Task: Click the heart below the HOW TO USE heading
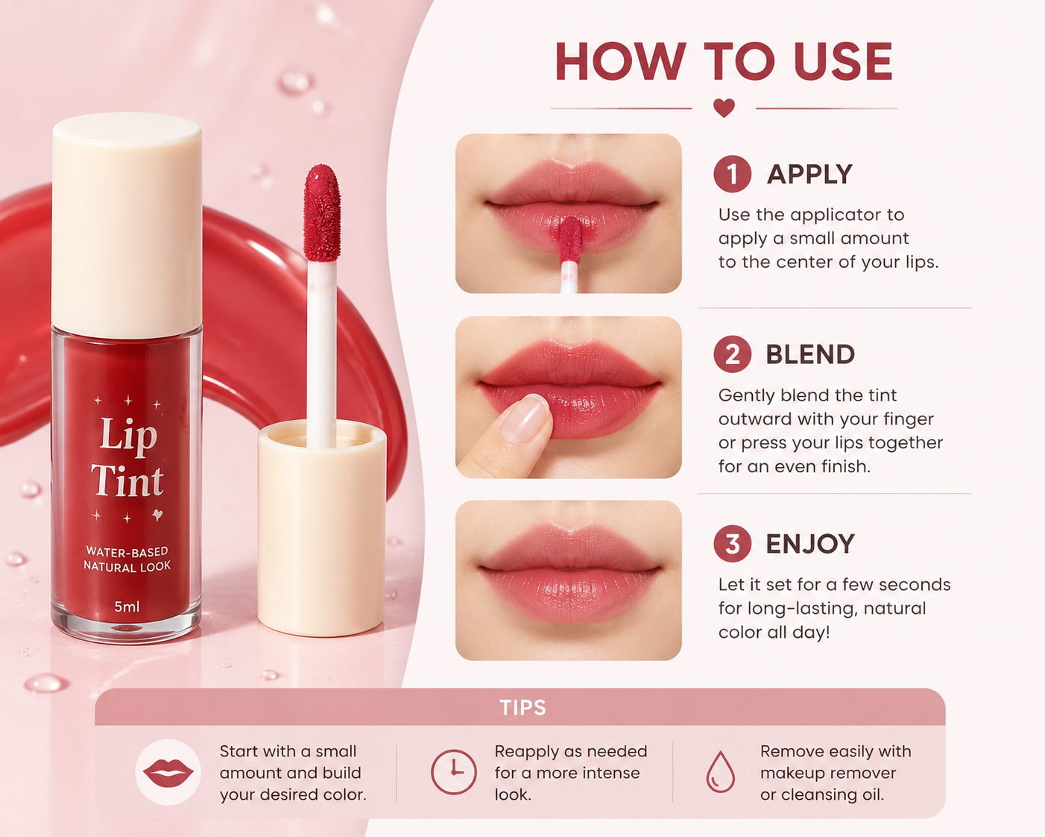[x=724, y=107]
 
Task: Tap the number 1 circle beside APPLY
[x=732, y=174]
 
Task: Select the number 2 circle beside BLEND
[x=732, y=354]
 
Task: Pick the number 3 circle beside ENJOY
[x=732, y=543]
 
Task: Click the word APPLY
[x=809, y=174]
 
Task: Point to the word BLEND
[x=810, y=354]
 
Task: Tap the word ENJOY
[x=810, y=543]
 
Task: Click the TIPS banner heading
[x=522, y=708]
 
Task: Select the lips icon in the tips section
[x=168, y=772]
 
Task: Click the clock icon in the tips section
[x=453, y=772]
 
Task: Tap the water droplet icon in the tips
[x=720, y=772]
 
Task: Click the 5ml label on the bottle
[x=127, y=606]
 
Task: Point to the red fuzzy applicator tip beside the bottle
[x=321, y=213]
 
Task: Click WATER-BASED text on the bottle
[x=127, y=551]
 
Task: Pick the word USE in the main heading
[x=844, y=61]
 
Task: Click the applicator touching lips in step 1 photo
[x=569, y=253]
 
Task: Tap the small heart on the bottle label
[x=158, y=514]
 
